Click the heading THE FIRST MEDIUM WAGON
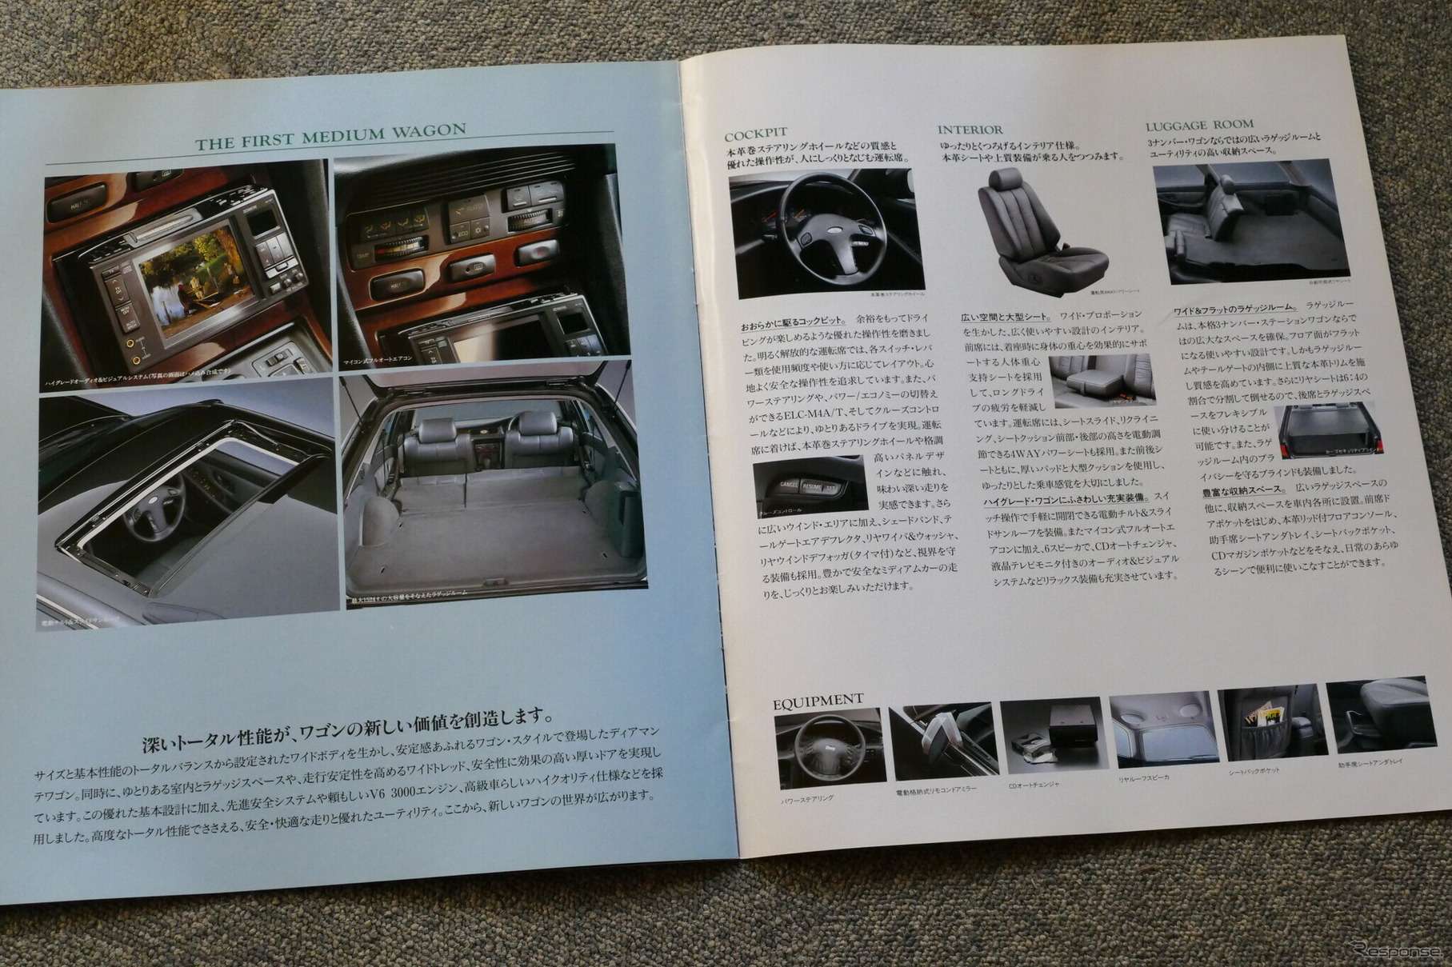[x=330, y=137]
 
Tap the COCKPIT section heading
[x=755, y=134]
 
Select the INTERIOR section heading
[x=970, y=130]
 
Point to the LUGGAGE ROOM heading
[x=1199, y=125]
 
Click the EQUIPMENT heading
[x=818, y=702]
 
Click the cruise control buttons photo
[x=810, y=485]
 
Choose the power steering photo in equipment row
[x=829, y=747]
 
